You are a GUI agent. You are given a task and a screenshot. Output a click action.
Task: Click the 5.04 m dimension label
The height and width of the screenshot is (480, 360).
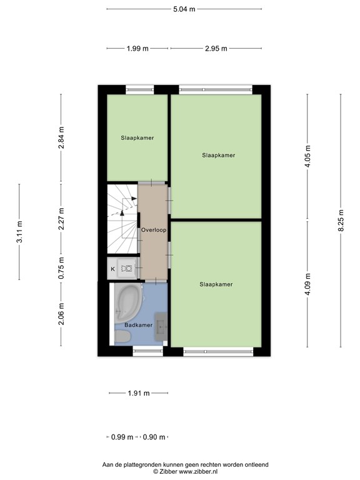click(x=184, y=9)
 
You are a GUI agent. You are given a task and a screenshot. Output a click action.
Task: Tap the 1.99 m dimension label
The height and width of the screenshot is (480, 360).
click(x=137, y=48)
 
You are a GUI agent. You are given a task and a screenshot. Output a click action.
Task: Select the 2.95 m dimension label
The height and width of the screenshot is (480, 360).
click(x=216, y=48)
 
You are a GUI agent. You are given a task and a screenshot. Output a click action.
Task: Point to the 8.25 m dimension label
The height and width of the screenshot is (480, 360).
click(x=341, y=221)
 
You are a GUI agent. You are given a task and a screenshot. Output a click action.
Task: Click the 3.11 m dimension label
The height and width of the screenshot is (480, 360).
click(x=19, y=232)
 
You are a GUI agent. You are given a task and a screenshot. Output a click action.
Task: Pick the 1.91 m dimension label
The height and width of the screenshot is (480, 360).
click(x=139, y=393)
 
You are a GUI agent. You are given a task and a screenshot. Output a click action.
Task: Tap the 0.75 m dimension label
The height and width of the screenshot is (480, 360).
click(x=61, y=268)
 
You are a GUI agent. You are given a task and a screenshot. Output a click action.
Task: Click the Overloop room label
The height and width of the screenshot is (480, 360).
click(x=154, y=230)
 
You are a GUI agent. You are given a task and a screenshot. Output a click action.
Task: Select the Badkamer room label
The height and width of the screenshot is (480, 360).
click(x=138, y=325)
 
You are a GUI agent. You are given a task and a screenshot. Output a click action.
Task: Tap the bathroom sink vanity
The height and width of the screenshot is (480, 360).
click(x=161, y=327)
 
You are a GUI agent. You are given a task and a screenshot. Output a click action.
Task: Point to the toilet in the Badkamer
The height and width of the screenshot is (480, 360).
click(x=122, y=337)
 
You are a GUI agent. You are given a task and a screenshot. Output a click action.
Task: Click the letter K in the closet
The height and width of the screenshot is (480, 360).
click(x=112, y=269)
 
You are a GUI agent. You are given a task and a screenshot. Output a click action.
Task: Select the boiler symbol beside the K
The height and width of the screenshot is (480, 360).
click(x=126, y=269)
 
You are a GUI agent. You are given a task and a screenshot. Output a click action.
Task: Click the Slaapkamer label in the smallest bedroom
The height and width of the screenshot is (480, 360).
click(x=137, y=138)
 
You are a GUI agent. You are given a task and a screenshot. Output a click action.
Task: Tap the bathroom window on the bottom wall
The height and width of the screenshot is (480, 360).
click(x=148, y=351)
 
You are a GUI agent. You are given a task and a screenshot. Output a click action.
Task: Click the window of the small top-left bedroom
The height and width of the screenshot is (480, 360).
click(x=140, y=90)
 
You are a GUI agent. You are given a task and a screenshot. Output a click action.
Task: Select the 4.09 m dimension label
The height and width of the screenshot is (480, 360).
click(x=307, y=284)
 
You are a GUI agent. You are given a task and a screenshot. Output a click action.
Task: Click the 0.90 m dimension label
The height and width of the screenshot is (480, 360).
click(x=154, y=437)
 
